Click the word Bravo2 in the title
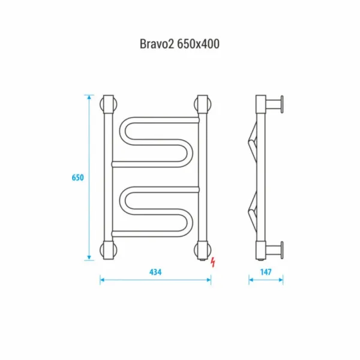[x=157, y=44]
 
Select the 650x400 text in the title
[x=199, y=44]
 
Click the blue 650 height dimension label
[x=78, y=178]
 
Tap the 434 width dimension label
[x=155, y=272]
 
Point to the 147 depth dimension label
[x=266, y=272]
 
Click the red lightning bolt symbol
[x=213, y=262]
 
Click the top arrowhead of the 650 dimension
[x=89, y=97]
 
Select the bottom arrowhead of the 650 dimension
[x=89, y=258]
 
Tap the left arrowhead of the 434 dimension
[x=103, y=280]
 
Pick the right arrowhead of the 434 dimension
[x=208, y=280]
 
